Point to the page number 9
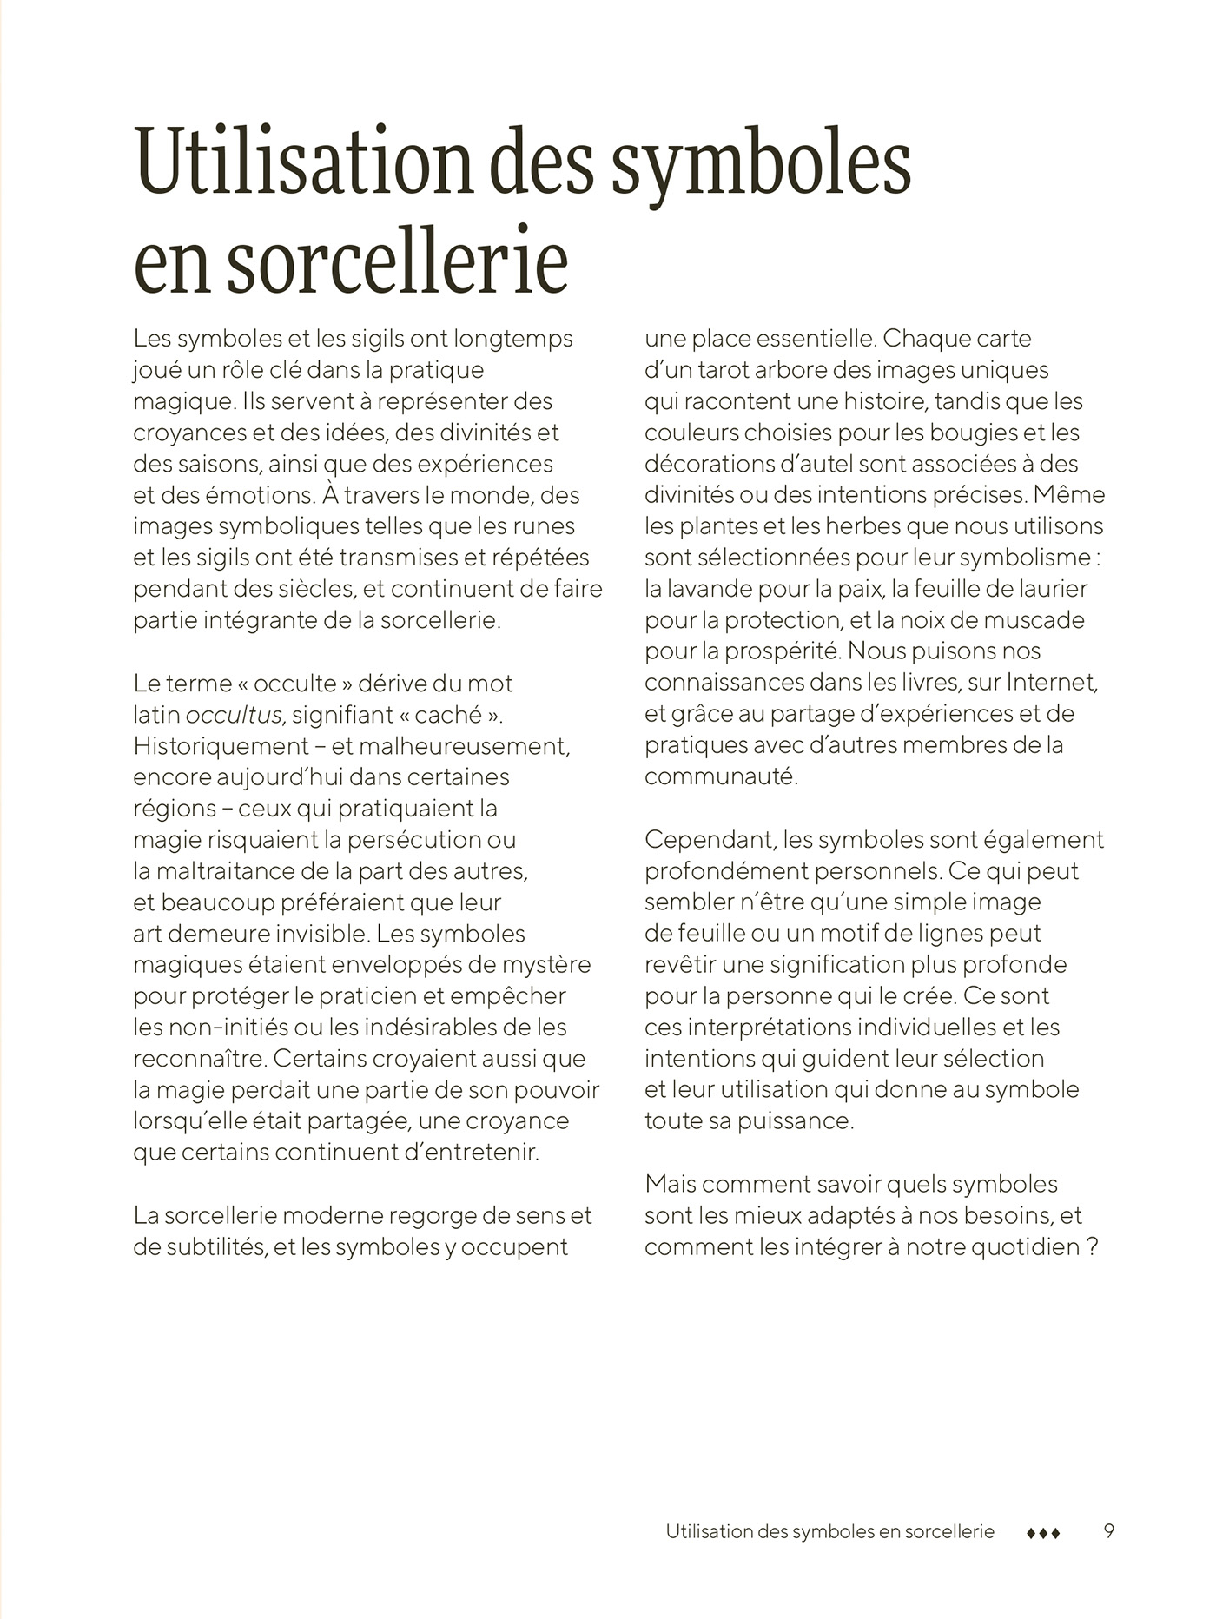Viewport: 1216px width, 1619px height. [x=1109, y=1531]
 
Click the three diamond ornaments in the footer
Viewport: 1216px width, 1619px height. [x=1043, y=1534]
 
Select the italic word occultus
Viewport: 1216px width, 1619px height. [x=234, y=715]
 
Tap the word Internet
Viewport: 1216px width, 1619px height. [x=1052, y=683]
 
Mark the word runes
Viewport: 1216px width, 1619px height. [x=544, y=526]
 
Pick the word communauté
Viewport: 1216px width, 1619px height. [x=720, y=776]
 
